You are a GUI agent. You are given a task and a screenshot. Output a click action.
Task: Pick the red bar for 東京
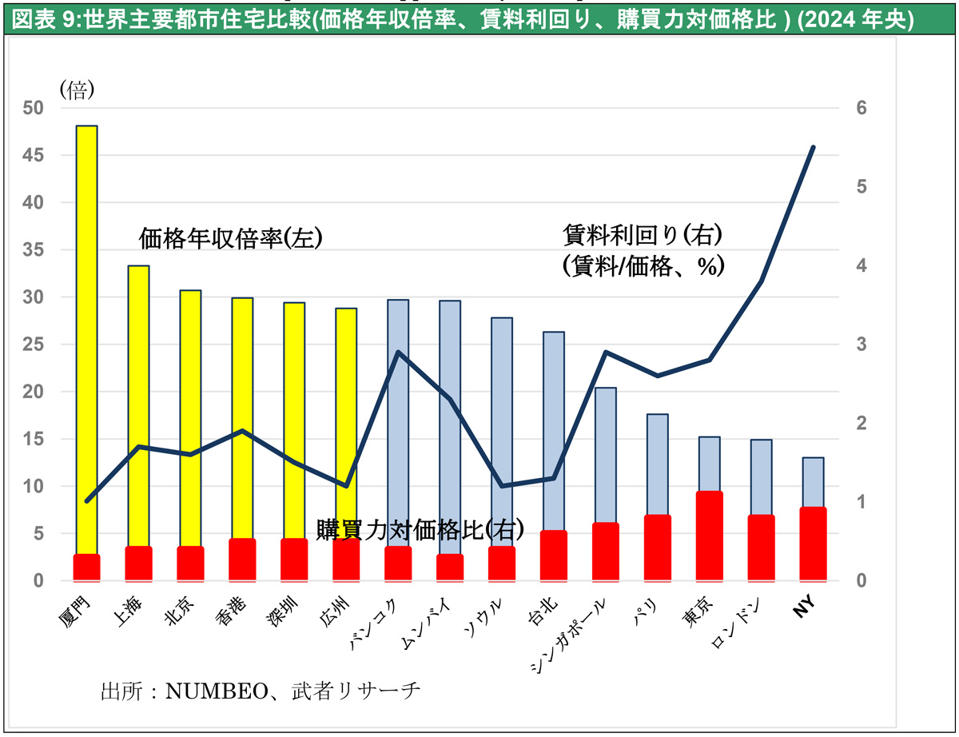[x=710, y=536]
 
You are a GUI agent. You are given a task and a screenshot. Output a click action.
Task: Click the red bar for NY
[x=814, y=544]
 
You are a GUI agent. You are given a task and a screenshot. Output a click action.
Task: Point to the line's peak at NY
[x=813, y=147]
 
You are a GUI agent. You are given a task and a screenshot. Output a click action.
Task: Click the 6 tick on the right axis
[x=862, y=109]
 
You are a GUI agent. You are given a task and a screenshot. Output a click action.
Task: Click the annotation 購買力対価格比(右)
[x=420, y=529]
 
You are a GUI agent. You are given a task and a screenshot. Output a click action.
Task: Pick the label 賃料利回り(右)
[x=643, y=235]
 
